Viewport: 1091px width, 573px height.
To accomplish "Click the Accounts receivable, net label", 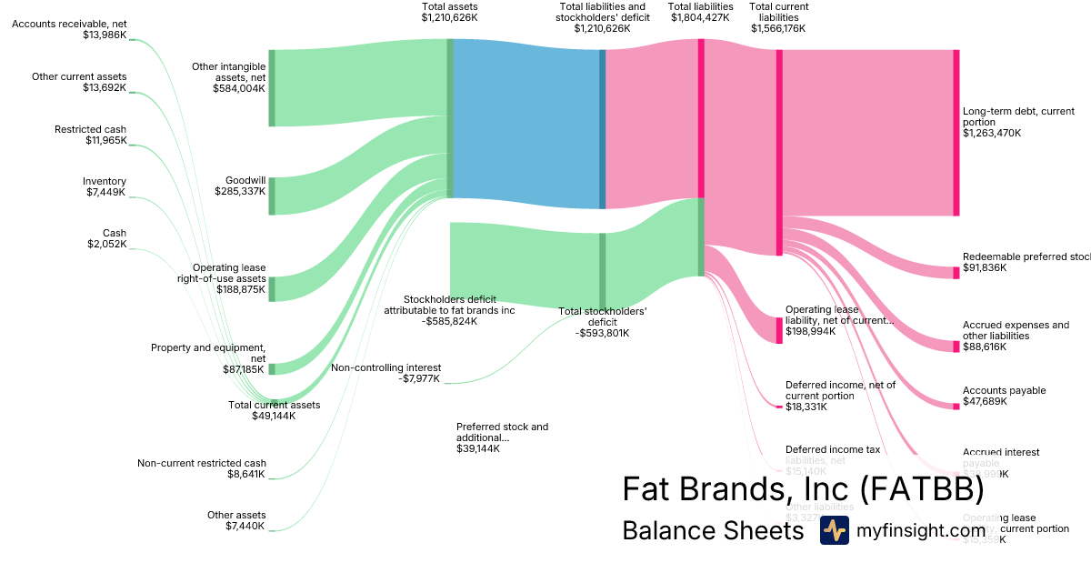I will [69, 23].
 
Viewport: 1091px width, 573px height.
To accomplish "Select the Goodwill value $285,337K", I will [240, 192].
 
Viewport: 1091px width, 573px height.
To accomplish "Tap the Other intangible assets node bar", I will [271, 88].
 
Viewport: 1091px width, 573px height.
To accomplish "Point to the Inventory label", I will [105, 181].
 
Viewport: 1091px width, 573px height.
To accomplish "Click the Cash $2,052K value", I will [107, 244].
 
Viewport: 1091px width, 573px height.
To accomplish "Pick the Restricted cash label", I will [90, 129].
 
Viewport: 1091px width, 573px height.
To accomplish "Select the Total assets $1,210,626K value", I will [450, 17].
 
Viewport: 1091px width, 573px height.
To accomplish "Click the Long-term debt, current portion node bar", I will [956, 133].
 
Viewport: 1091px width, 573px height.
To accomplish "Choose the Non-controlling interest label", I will [385, 367].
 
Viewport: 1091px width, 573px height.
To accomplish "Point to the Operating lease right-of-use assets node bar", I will [271, 288].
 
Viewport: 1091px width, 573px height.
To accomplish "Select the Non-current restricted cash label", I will [202, 463].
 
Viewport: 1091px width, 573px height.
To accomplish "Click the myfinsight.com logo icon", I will [834, 529].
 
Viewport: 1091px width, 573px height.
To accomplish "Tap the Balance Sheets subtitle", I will [713, 530].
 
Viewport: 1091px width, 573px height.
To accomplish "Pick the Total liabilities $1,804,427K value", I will [700, 17].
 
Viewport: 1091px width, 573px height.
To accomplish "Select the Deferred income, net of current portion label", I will [840, 390].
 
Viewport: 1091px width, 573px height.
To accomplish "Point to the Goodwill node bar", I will [271, 196].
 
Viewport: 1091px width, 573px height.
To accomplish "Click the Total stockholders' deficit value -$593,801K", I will [602, 333].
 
